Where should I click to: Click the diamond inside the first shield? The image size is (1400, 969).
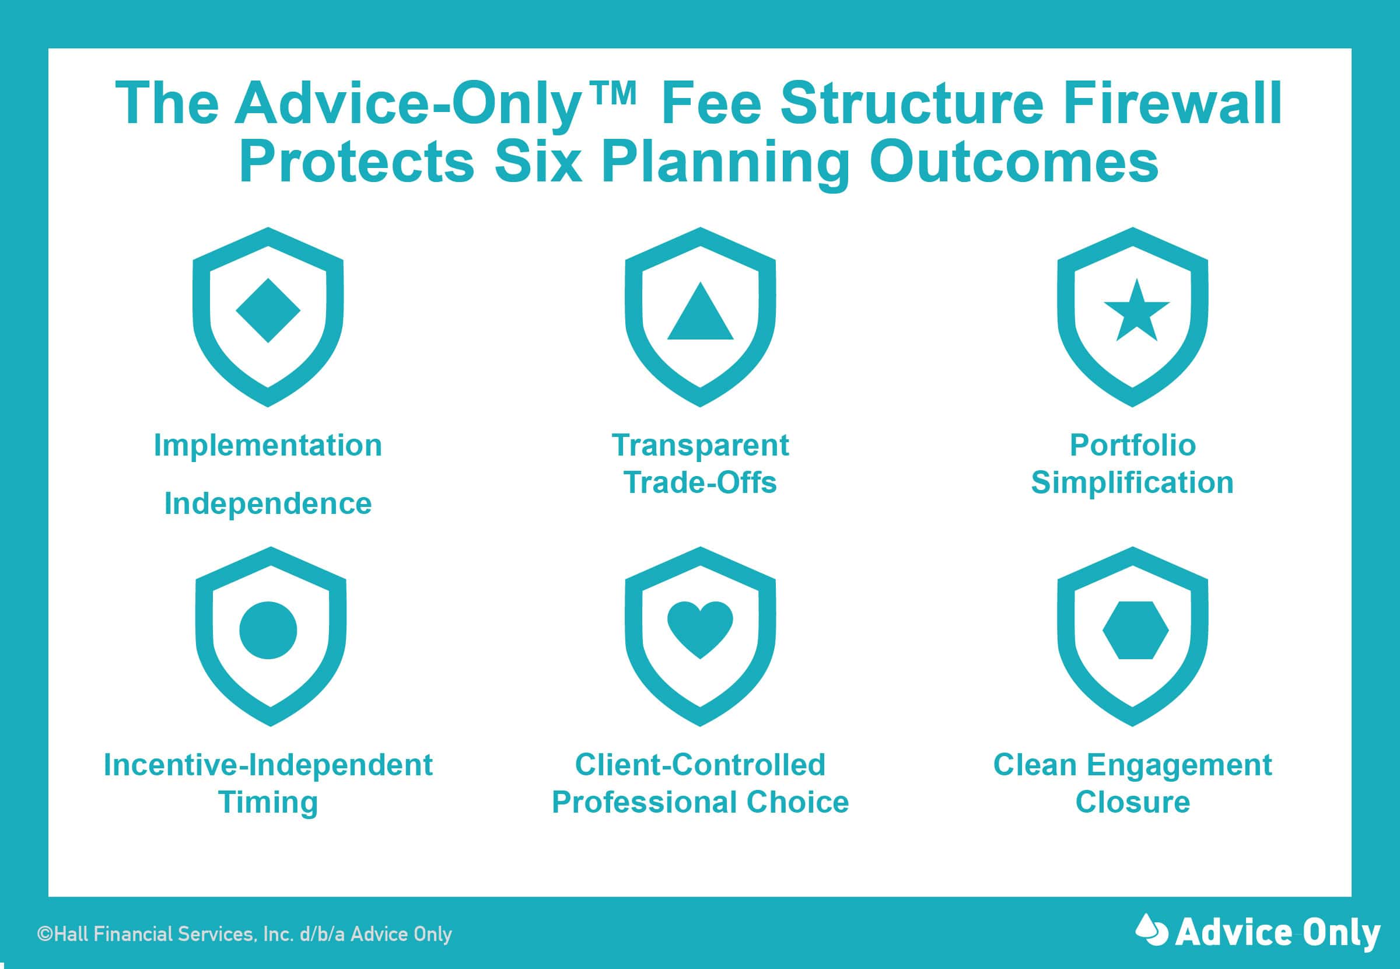(268, 310)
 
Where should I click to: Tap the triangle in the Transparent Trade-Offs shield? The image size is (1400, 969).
(700, 311)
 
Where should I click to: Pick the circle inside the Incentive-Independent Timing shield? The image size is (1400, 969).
(268, 630)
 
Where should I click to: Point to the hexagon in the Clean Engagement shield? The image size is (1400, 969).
(1135, 630)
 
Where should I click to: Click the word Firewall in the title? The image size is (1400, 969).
(1172, 104)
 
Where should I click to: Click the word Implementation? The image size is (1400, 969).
(268, 446)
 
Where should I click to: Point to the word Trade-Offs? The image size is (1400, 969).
(700, 483)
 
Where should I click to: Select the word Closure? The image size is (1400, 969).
(1132, 802)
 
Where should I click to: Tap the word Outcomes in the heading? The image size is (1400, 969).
(1014, 162)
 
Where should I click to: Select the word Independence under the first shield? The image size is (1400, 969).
(268, 504)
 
